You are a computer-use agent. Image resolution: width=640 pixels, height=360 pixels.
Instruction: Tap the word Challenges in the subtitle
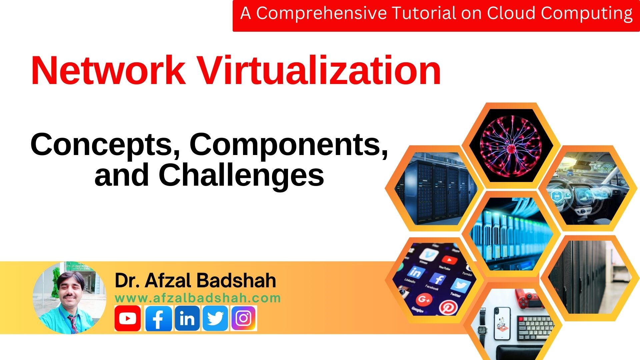tap(241, 175)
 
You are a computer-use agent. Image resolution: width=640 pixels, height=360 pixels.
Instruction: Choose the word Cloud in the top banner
tap(511, 13)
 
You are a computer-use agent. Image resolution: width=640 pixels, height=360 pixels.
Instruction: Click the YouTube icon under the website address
tap(127, 318)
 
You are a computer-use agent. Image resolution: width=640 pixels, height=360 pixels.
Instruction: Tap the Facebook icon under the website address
tap(158, 318)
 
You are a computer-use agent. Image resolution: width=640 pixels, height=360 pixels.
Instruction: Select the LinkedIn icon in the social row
tap(187, 318)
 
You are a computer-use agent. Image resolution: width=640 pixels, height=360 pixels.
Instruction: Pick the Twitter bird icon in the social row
tap(215, 318)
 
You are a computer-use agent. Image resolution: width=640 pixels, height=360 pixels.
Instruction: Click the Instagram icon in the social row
tap(244, 318)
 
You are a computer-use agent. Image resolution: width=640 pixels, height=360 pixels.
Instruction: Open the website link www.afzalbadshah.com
tap(198, 298)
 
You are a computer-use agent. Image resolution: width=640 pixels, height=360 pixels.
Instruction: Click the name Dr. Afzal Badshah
tap(195, 280)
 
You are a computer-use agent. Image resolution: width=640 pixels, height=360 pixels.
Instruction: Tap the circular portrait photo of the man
tap(69, 298)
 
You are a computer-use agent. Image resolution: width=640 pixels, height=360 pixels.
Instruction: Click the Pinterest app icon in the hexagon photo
tap(447, 307)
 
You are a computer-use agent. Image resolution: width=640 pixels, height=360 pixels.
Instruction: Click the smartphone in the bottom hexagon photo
tap(502, 323)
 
